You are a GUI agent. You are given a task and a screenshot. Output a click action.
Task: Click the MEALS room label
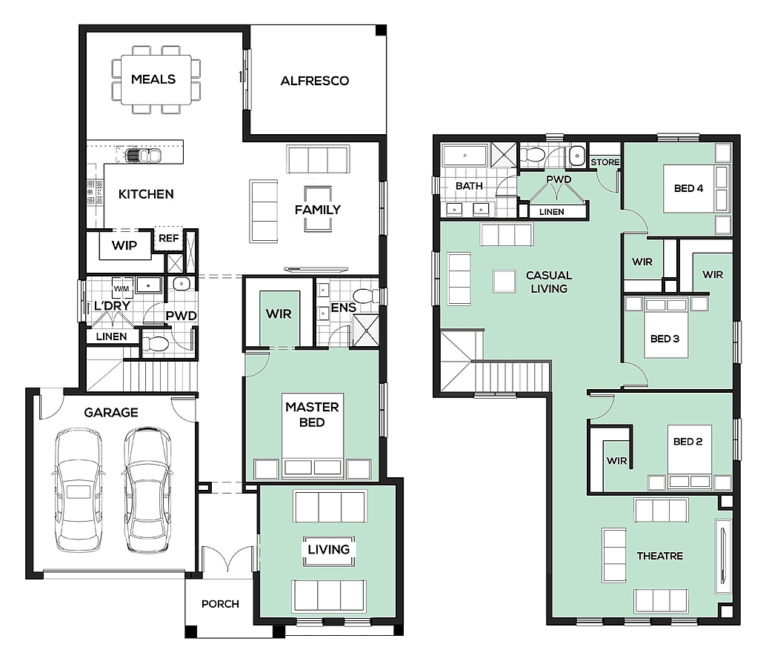pyautogui.click(x=153, y=79)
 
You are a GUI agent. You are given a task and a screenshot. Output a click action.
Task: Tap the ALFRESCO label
pyautogui.click(x=315, y=81)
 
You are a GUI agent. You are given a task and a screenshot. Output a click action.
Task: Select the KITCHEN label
pyautogui.click(x=146, y=194)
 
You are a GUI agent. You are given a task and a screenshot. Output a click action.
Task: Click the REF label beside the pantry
pyautogui.click(x=169, y=239)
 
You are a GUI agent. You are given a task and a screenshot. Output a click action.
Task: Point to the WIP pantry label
pyautogui.click(x=124, y=245)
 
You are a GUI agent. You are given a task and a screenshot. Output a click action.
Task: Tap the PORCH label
pyautogui.click(x=220, y=604)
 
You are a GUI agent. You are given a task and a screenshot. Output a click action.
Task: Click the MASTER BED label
pyautogui.click(x=312, y=414)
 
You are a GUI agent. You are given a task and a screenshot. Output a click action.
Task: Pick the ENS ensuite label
pyautogui.click(x=344, y=308)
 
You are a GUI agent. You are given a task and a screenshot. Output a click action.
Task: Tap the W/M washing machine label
pyautogui.click(x=121, y=289)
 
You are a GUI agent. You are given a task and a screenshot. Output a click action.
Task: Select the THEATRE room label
pyautogui.click(x=660, y=556)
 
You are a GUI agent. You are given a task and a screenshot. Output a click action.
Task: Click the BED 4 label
pyautogui.click(x=688, y=188)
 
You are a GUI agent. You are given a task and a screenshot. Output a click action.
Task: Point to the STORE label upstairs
pyautogui.click(x=605, y=162)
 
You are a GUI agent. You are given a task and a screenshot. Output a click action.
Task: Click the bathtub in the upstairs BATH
pyautogui.click(x=464, y=156)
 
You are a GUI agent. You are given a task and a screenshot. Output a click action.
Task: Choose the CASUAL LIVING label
pyautogui.click(x=549, y=282)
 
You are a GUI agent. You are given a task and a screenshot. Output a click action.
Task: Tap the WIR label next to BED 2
pyautogui.click(x=616, y=461)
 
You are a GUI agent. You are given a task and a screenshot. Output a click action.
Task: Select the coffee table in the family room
pyautogui.click(x=318, y=209)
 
